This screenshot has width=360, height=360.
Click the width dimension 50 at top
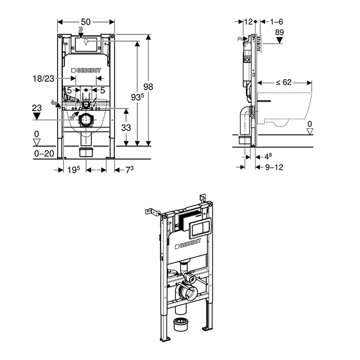click(86, 22)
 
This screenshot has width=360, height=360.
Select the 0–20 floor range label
click(44, 153)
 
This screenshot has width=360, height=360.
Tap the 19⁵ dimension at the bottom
click(73, 169)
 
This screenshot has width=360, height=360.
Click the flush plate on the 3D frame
click(199, 225)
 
